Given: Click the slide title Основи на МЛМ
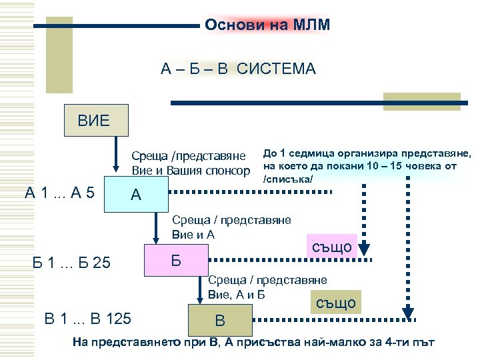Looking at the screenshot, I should (x=267, y=25).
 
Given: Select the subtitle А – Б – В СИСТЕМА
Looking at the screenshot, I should (x=238, y=69).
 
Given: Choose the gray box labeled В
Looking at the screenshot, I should (x=218, y=321).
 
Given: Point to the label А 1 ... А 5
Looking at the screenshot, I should (x=59, y=194).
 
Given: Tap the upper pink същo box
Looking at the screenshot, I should (x=331, y=247).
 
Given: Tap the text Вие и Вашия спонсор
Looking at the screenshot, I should (x=191, y=171).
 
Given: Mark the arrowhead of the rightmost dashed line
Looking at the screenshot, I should (x=407, y=311).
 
